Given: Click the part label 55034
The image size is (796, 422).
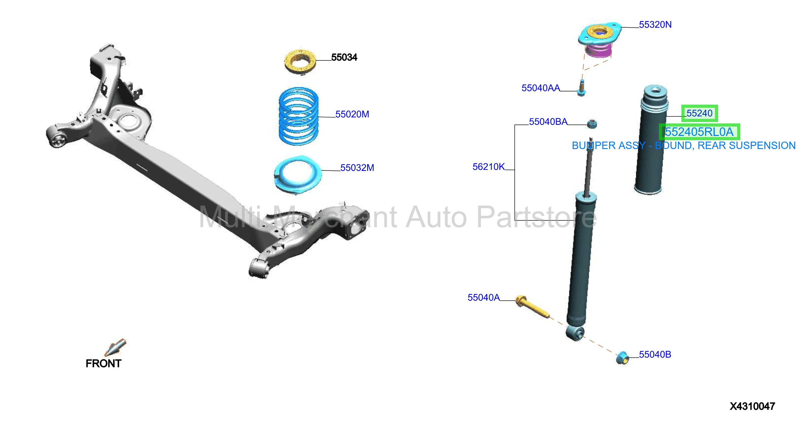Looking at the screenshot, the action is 344,57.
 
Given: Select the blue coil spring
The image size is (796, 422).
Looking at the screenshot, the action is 299,116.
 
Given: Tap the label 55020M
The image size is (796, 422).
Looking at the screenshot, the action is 352,114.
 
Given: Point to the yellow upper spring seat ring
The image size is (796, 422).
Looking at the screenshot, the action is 300,61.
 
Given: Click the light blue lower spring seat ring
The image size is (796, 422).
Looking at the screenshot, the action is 298,175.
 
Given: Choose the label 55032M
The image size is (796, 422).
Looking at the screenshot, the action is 357,168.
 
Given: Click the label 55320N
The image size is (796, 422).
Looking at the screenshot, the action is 655,25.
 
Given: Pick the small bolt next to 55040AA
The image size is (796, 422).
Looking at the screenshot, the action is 581,88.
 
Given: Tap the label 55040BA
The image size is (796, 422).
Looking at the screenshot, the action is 548,122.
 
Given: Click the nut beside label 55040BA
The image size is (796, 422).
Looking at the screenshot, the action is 592,124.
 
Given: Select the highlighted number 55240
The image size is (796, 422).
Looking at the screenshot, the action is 699,113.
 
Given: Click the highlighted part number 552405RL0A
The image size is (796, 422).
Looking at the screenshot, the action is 699,132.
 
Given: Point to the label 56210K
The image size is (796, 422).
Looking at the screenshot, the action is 489,167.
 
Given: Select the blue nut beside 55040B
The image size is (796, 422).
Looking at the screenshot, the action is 622,358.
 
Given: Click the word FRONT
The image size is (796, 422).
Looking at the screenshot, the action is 104,364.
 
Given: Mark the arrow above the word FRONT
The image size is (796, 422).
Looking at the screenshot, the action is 115,347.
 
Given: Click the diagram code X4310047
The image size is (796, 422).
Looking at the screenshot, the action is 752,406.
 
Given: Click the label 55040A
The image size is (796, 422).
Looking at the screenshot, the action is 483,297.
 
